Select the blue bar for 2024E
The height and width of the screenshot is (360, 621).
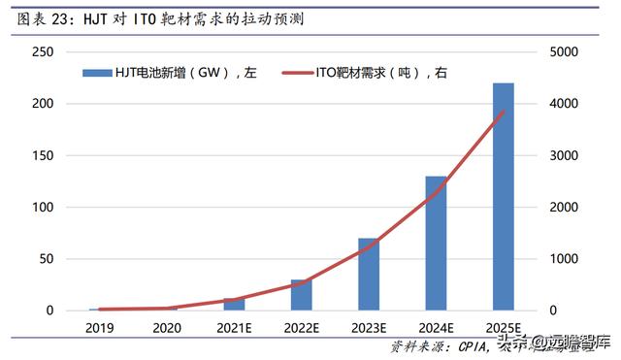click(x=436, y=244)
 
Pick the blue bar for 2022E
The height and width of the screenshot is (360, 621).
click(x=302, y=295)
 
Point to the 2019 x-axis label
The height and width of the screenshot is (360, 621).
click(x=100, y=328)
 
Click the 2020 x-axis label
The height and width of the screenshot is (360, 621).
click(x=167, y=328)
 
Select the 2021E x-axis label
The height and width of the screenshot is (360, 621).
click(x=234, y=328)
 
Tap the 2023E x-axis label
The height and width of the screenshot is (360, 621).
click(x=369, y=328)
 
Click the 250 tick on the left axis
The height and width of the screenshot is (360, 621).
click(x=42, y=51)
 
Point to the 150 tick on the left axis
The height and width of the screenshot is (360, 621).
click(x=42, y=155)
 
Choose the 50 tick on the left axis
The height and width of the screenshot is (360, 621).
click(x=46, y=259)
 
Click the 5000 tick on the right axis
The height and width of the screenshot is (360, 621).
click(x=569, y=51)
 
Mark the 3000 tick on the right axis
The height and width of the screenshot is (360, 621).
click(x=569, y=155)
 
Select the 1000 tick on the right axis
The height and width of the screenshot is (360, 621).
click(x=569, y=259)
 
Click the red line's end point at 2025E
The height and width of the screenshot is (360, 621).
click(x=503, y=112)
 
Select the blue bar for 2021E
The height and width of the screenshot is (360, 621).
click(x=234, y=305)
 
